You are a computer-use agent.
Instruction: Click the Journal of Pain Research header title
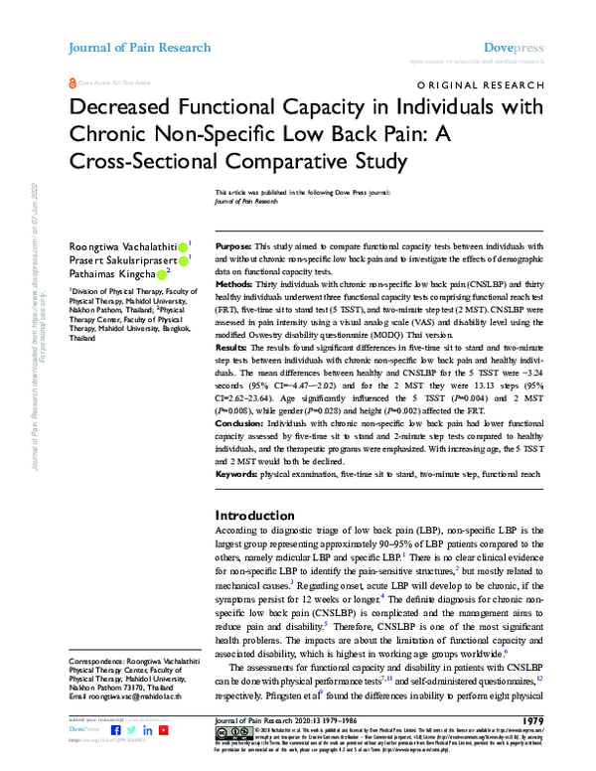click(x=139, y=47)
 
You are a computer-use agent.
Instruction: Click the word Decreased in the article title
click(x=122, y=111)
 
